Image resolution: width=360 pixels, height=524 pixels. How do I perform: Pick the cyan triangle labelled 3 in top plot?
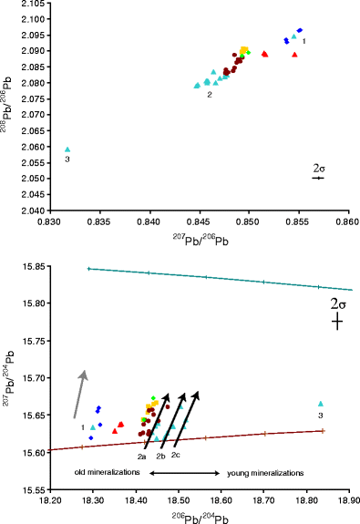tap(67, 149)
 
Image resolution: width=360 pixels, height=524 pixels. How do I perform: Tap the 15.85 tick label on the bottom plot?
tap(34, 266)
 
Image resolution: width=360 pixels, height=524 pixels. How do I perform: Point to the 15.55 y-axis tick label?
tap(34, 489)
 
